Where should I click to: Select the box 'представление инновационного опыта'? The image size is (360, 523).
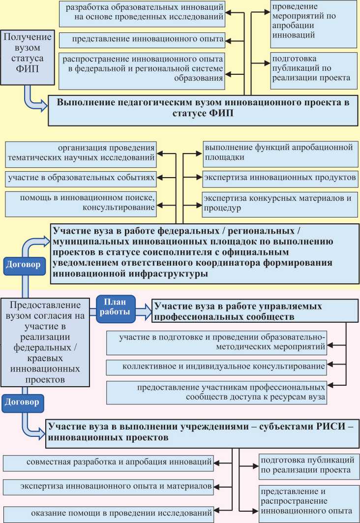coord(142,38)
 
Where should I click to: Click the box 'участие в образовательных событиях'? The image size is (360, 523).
coord(81,176)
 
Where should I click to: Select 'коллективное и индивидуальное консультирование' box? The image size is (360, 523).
coord(217,366)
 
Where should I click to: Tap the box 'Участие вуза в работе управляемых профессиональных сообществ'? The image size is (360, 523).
coord(254,311)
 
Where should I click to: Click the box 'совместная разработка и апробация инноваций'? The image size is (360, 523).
coord(108,462)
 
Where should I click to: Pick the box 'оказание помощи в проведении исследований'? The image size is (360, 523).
coord(108,513)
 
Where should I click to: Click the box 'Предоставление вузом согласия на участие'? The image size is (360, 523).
coord(45,342)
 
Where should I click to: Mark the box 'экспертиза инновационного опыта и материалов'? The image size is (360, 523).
coord(108,487)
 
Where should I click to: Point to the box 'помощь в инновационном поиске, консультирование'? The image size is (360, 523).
coord(81,203)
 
